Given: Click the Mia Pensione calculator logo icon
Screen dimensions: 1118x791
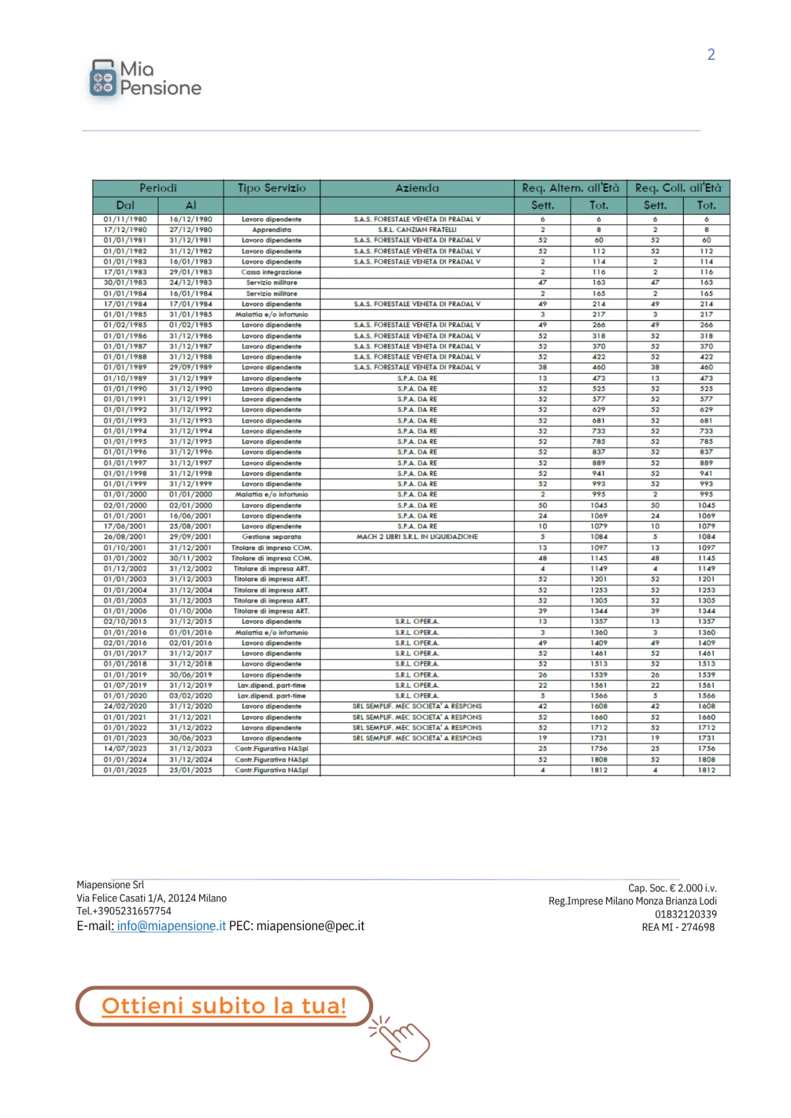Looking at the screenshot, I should tap(102, 78).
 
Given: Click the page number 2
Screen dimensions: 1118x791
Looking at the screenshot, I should tap(711, 55).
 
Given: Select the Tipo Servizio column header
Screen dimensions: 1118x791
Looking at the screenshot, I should tap(272, 188).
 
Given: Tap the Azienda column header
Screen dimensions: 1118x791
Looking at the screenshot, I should tap(417, 188).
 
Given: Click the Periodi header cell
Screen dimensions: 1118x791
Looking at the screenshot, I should tap(158, 188).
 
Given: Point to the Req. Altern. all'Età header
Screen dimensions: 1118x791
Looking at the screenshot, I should tap(570, 188).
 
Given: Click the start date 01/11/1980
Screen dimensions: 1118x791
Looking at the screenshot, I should tap(125, 219).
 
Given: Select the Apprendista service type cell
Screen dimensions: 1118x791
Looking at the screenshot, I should tap(272, 230).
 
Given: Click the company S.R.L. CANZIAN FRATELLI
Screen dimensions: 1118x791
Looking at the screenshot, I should tap(417, 230).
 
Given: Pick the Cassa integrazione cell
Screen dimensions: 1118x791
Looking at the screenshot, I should tap(272, 272).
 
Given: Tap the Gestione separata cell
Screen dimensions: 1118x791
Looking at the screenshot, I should tap(272, 537).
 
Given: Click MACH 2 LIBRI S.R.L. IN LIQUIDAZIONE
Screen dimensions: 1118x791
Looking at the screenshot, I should tap(417, 537).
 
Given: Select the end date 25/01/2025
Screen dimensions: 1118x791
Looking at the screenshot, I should tap(190, 770).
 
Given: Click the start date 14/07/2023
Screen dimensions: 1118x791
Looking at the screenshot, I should tap(125, 749).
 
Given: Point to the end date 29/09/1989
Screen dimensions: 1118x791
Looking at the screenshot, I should tap(190, 368).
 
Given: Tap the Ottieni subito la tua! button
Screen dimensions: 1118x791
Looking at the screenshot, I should tap(224, 1006).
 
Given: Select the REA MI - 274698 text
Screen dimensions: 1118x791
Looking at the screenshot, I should tap(678, 928).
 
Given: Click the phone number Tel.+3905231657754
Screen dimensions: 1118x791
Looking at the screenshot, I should tap(124, 911).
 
